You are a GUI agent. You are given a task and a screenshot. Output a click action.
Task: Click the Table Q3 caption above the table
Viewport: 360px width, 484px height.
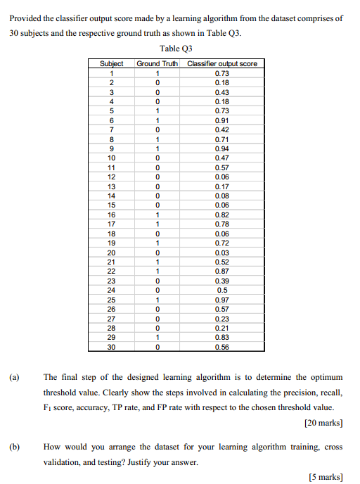(x=176, y=49)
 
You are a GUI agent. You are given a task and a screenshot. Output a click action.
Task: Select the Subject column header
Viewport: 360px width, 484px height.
(x=111, y=64)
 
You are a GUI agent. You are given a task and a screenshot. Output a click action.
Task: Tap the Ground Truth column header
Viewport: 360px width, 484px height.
(x=157, y=64)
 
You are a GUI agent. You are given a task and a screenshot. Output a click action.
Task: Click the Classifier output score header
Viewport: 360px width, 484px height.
(x=222, y=64)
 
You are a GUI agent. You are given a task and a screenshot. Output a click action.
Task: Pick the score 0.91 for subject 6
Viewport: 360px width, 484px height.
(x=222, y=120)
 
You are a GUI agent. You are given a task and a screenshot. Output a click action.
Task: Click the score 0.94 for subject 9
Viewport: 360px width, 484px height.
(x=222, y=148)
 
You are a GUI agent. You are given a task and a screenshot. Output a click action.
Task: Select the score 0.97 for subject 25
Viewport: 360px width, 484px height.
(x=222, y=300)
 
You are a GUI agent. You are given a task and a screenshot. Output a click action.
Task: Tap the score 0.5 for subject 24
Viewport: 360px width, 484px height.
(x=222, y=290)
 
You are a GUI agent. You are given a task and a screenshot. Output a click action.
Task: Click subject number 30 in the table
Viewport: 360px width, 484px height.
(x=111, y=347)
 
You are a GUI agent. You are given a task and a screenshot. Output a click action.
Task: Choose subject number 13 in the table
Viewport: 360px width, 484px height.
(x=111, y=186)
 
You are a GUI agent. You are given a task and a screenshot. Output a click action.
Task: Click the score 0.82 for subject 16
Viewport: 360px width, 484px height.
(x=222, y=215)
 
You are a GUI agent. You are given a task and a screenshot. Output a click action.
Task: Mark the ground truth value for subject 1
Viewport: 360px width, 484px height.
(x=157, y=73)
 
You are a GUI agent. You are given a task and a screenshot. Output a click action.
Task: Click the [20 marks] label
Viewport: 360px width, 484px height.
(x=324, y=423)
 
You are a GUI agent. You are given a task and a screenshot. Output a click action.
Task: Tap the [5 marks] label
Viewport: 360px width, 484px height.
(x=326, y=477)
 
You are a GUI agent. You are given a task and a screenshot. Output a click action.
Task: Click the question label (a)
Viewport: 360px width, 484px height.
(x=14, y=377)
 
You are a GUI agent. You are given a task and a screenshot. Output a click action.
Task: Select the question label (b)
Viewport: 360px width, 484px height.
(x=14, y=446)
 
